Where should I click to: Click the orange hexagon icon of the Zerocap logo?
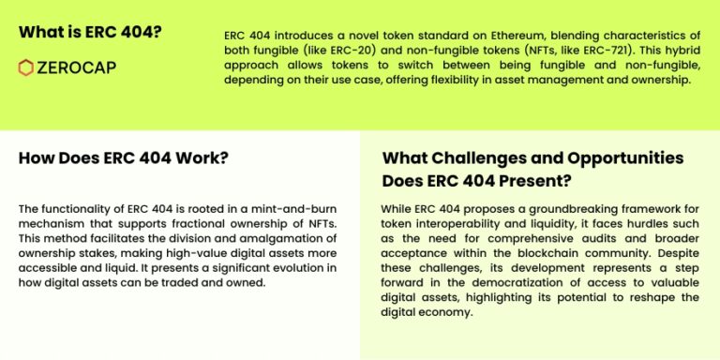[26, 67]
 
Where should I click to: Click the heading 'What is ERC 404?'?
[89, 31]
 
